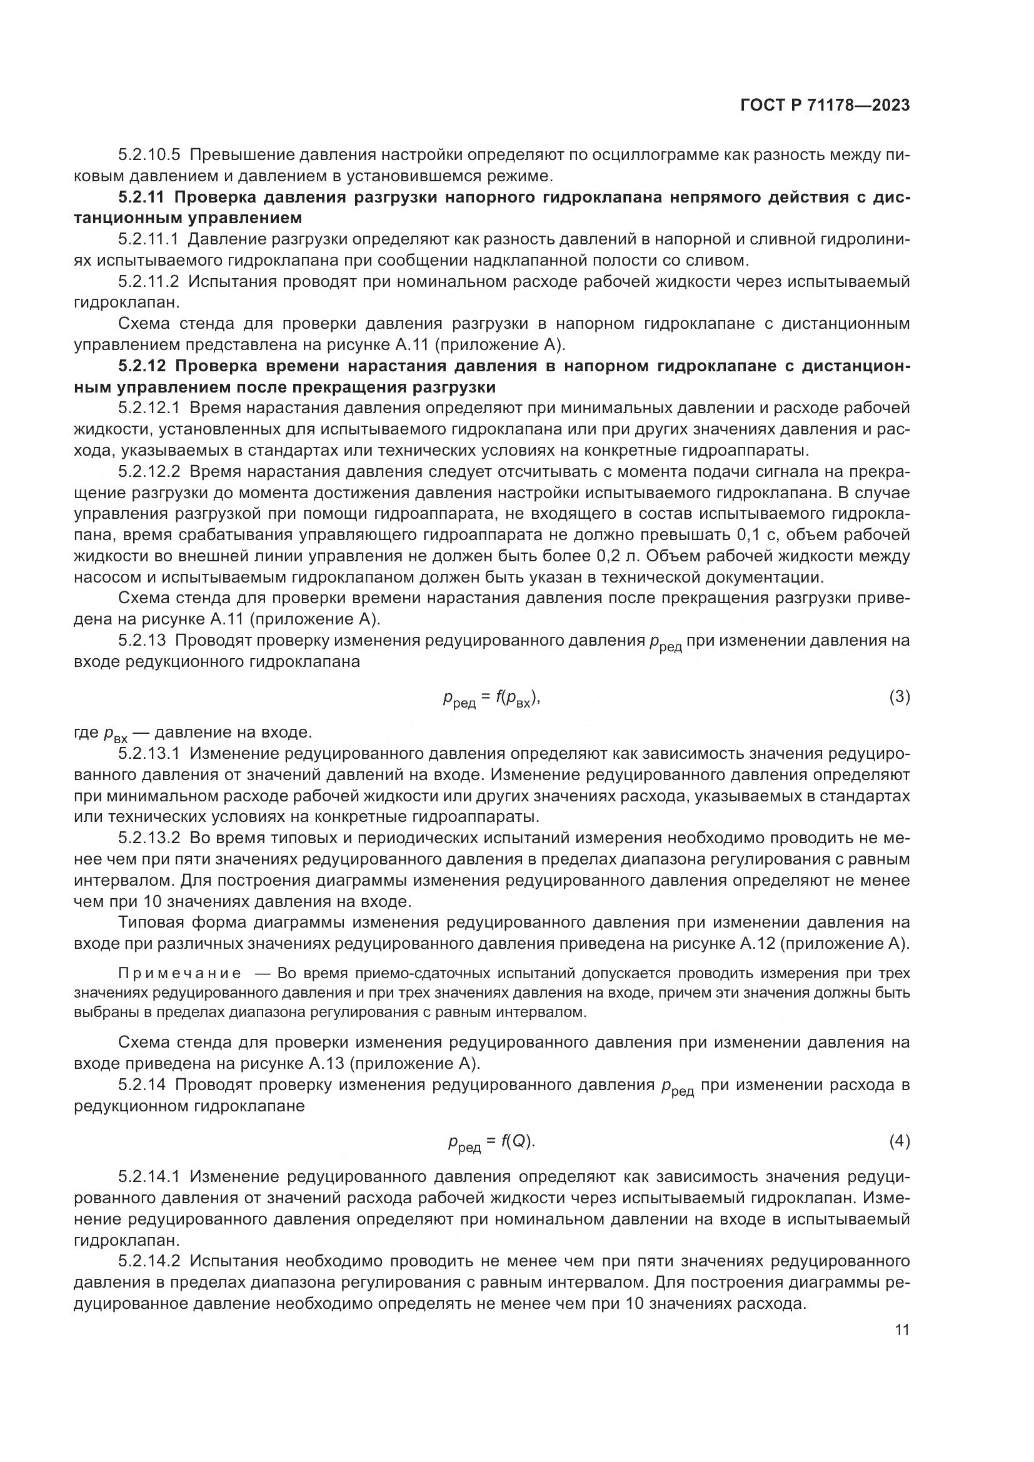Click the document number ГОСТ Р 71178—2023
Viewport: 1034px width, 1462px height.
click(825, 106)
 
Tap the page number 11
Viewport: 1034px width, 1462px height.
click(901, 1330)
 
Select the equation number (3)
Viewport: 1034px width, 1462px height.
click(899, 698)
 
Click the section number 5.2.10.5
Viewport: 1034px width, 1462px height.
click(149, 155)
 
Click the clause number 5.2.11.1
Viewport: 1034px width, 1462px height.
click(149, 239)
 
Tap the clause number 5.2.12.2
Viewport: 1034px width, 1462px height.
click(149, 472)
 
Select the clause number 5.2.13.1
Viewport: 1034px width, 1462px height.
click(149, 754)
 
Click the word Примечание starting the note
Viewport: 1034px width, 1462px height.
click(179, 974)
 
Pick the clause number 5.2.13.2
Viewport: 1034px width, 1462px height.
click(149, 839)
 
